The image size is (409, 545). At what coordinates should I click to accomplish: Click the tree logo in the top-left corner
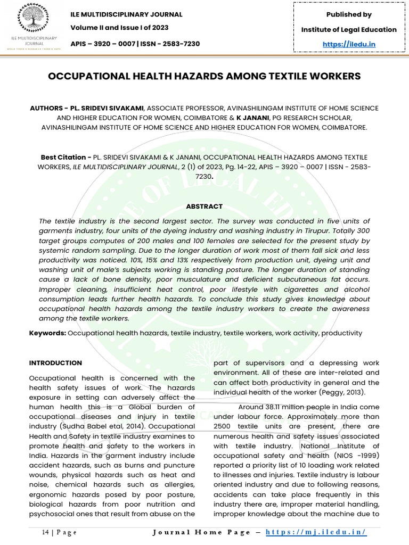[x=32, y=20]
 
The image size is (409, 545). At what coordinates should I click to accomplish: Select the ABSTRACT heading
[x=204, y=207]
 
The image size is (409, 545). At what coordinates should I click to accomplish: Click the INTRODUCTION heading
[x=55, y=363]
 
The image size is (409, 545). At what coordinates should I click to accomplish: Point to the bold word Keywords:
[x=48, y=333]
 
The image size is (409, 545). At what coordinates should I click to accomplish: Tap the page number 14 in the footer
[x=45, y=532]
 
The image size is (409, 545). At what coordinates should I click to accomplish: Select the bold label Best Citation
[x=64, y=158]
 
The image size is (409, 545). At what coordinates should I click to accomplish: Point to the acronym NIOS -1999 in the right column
[x=355, y=456]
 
